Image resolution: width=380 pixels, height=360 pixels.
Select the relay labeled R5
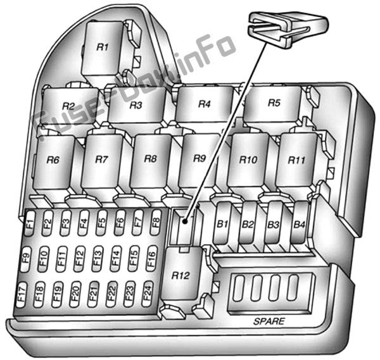pyautogui.click(x=273, y=104)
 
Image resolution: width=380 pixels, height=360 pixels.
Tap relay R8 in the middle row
pyautogui.click(x=150, y=161)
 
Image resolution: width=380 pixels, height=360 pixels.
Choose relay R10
pyautogui.click(x=248, y=161)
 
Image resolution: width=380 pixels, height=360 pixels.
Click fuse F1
pyautogui.click(x=30, y=223)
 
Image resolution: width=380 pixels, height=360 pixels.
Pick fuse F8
pyautogui.click(x=156, y=222)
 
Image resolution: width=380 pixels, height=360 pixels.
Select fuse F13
pyautogui.click(x=98, y=258)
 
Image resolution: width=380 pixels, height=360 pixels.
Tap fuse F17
pyautogui.click(x=22, y=295)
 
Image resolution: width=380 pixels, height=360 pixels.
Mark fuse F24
pyautogui.click(x=148, y=294)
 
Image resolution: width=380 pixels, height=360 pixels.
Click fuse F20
pyautogui.click(x=75, y=294)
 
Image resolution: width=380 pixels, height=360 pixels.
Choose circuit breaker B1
pyautogui.click(x=222, y=223)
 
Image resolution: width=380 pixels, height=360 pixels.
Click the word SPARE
pyautogui.click(x=269, y=321)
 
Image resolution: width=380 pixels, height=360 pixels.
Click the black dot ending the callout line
pyautogui.click(x=185, y=221)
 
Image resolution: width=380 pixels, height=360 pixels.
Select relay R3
pyautogui.click(x=136, y=105)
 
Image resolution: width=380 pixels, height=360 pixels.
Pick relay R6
pyautogui.click(x=53, y=161)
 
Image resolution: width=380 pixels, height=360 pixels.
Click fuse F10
pyautogui.click(x=44, y=259)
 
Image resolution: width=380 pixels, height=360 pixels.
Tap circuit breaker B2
pyautogui.click(x=247, y=223)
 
